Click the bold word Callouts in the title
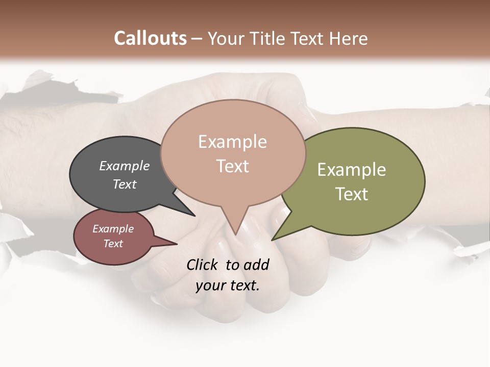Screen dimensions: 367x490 click(150, 38)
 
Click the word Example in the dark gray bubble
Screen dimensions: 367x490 click(125, 166)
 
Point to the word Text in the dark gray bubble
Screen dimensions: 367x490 click(125, 184)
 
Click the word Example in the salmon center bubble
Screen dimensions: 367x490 click(232, 142)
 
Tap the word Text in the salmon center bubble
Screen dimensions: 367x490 click(233, 166)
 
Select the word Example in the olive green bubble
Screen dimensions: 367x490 click(352, 170)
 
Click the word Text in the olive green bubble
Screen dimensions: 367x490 click(352, 194)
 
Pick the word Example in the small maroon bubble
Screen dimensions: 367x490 click(113, 229)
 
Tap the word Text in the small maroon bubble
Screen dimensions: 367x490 click(113, 244)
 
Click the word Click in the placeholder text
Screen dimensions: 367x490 click(203, 265)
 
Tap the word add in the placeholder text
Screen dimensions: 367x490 click(256, 265)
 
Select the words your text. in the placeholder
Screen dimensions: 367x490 click(227, 285)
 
